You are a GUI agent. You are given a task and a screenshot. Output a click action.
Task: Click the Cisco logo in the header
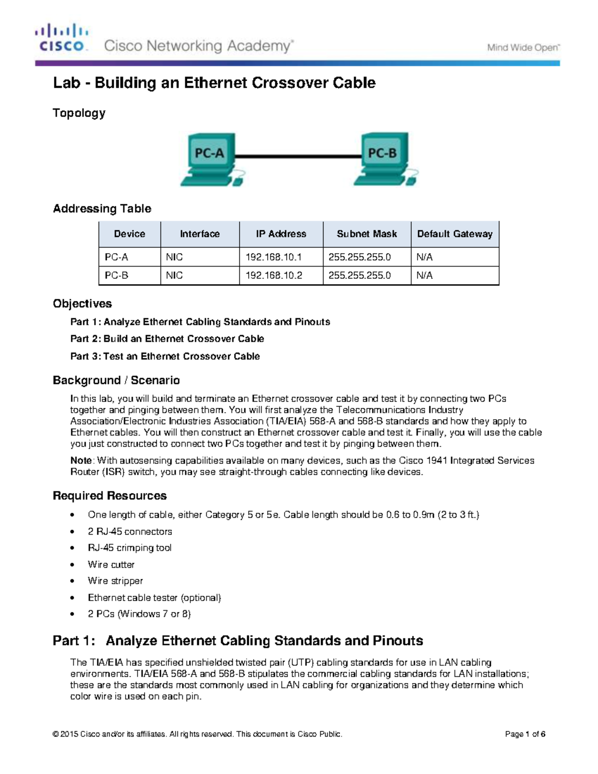(x=61, y=38)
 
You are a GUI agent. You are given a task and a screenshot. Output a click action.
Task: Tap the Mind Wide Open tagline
(x=523, y=48)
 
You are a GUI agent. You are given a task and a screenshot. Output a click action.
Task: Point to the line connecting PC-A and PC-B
(x=298, y=156)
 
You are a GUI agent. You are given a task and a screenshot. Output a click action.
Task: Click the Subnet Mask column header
(x=367, y=234)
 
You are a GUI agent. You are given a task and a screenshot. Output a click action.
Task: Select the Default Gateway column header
(x=454, y=234)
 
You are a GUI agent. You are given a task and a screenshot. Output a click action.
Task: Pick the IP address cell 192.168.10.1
(x=274, y=257)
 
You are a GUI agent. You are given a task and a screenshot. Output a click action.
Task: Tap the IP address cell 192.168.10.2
(x=274, y=275)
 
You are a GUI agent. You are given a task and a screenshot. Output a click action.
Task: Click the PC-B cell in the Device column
(x=117, y=275)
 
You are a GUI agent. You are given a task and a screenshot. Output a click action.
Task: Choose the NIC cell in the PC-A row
(x=174, y=257)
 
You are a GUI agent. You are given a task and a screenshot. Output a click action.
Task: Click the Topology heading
(x=79, y=113)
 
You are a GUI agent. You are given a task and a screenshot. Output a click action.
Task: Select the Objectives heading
(x=82, y=304)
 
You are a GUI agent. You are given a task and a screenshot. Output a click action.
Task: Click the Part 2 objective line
(x=167, y=339)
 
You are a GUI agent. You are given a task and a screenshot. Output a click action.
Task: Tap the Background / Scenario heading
(x=116, y=380)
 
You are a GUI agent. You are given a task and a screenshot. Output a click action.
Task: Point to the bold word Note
(x=81, y=461)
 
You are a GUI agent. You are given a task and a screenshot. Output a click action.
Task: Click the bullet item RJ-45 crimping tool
(x=130, y=548)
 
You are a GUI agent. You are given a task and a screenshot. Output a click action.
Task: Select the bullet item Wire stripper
(x=115, y=581)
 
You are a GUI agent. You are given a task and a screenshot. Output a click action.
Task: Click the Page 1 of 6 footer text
(x=525, y=734)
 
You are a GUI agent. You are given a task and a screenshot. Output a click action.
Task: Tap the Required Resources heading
(x=110, y=495)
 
